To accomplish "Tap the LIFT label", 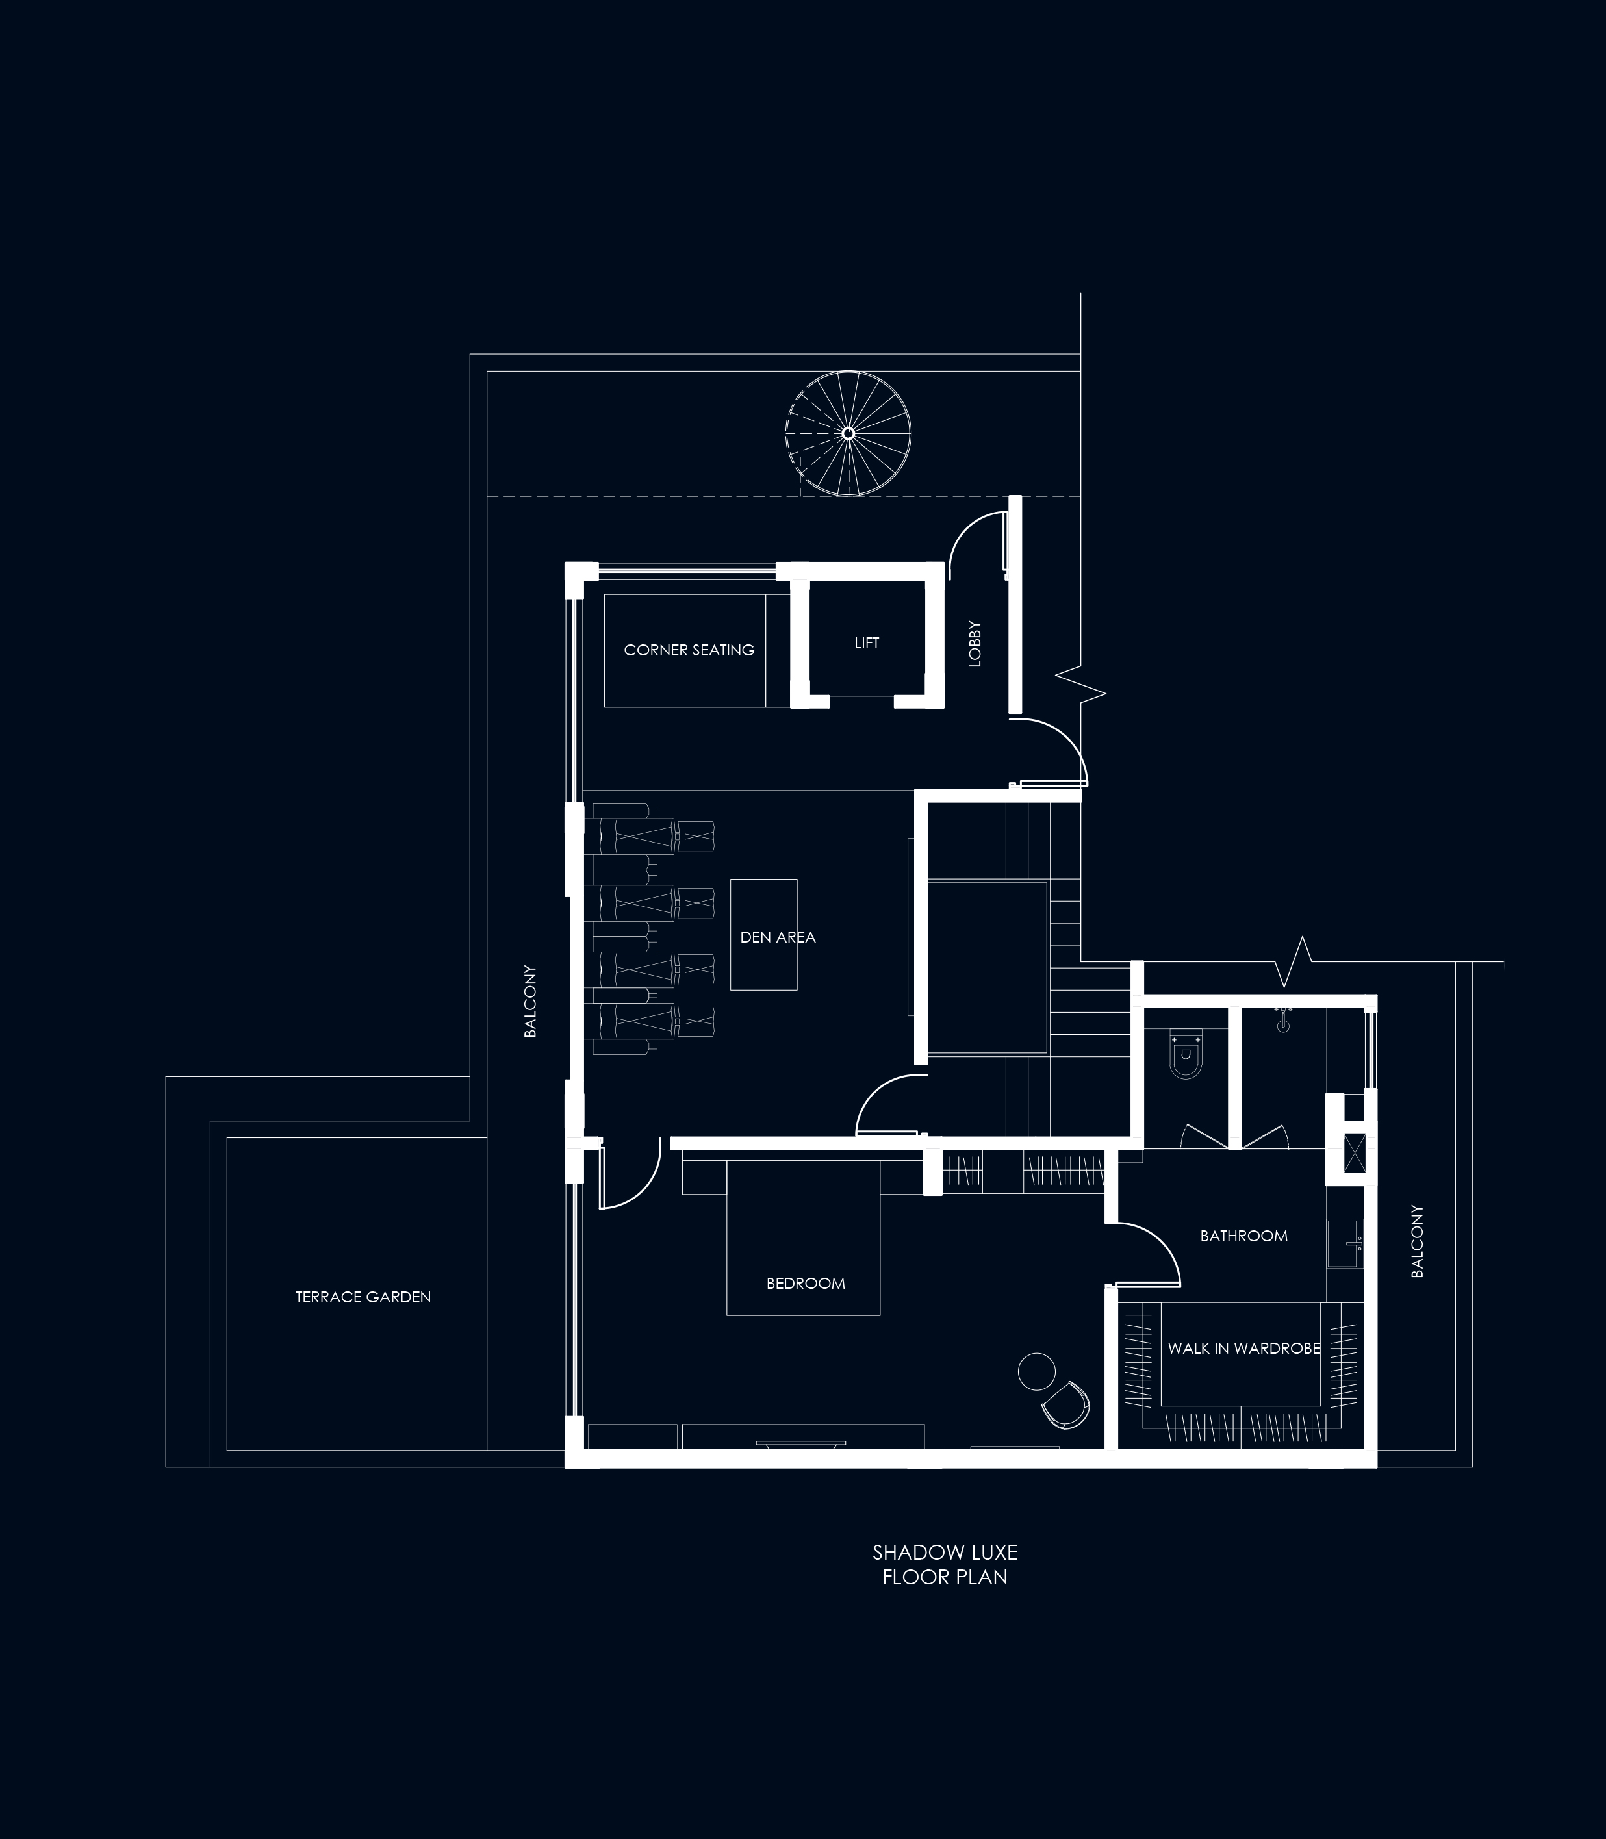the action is [x=867, y=642].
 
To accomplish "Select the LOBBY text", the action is [x=975, y=644].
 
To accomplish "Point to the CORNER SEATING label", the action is [x=689, y=650].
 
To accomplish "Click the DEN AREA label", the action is [x=778, y=937].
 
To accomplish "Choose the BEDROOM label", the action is [x=806, y=1284].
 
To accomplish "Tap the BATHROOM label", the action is [x=1244, y=1236].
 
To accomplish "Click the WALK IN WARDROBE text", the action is [x=1244, y=1348].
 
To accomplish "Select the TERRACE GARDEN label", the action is [x=363, y=1297].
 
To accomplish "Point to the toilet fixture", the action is [x=1185, y=1058].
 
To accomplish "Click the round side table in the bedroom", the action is [x=1036, y=1370].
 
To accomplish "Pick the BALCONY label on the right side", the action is [x=1417, y=1241].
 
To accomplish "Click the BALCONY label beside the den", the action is [x=529, y=1001].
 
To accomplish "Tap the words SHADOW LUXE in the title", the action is [x=945, y=1553].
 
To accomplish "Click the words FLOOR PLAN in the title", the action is [x=945, y=1577].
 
